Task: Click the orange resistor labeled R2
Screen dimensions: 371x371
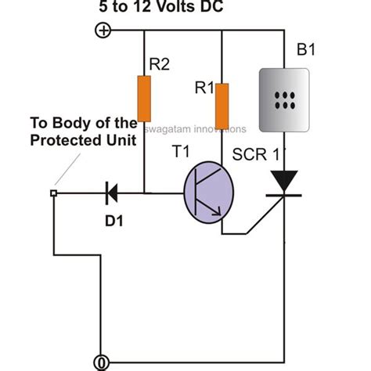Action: click(144, 99)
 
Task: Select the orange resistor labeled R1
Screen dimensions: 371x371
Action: click(222, 105)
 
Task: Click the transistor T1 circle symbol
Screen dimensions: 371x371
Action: click(209, 193)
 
